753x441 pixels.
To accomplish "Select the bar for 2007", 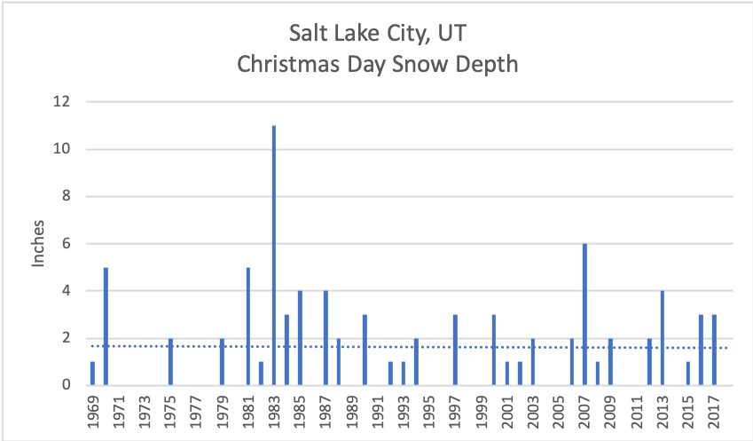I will [584, 314].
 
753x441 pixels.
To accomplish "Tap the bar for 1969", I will [92, 373].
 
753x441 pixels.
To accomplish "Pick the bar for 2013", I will [662, 337].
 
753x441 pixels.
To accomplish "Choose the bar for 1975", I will [170, 361].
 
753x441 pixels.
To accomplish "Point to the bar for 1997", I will [455, 350].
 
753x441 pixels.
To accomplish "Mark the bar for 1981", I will [247, 326].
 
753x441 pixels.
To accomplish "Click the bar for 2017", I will [714, 350].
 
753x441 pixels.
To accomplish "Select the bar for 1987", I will [326, 337].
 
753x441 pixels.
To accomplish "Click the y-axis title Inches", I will [38, 243].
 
